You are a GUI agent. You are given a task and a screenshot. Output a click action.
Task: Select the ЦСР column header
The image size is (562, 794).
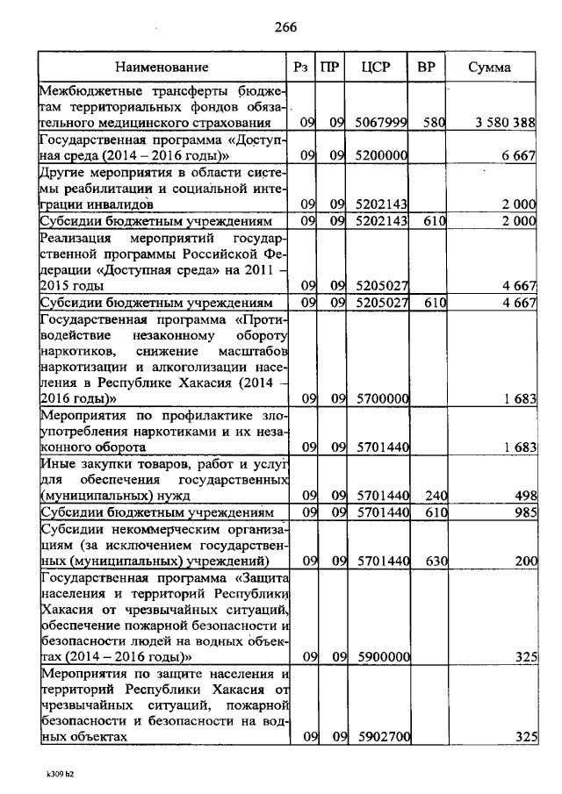381,68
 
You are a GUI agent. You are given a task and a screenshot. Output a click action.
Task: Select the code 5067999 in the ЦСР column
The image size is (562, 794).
382,123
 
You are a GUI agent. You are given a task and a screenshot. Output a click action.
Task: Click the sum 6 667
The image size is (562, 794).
519,155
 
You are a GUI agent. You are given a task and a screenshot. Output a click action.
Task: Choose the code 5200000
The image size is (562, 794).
382,155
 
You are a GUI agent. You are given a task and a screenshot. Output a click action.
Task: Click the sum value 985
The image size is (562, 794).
524,512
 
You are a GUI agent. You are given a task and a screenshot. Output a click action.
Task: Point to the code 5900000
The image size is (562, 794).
382,656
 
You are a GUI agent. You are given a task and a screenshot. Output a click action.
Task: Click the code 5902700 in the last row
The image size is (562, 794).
382,737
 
